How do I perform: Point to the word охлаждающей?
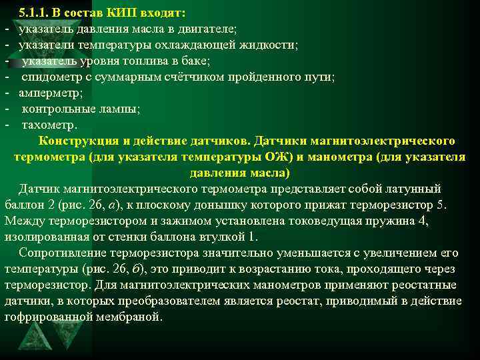pos(191,45)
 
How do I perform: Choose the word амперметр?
pos(45,93)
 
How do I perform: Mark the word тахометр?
pos(49,125)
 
